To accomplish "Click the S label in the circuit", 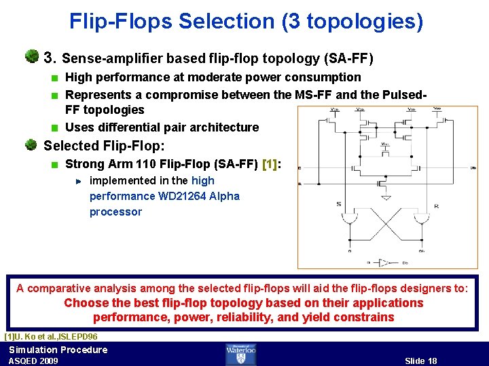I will pyautogui.click(x=339, y=204).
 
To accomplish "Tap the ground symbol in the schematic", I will pyautogui.click(x=385, y=197).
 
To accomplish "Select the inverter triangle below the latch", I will pyautogui.click(x=385, y=262).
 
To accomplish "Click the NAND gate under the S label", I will pyautogui.click(x=349, y=218).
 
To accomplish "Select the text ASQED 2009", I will pyautogui.click(x=33, y=361).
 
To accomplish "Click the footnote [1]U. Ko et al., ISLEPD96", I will pyautogui.click(x=51, y=336).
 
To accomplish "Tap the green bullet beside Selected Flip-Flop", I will pyautogui.click(x=31, y=145).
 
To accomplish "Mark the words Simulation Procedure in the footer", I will pyautogui.click(x=58, y=350).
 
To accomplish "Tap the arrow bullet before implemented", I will pyautogui.click(x=78, y=181).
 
